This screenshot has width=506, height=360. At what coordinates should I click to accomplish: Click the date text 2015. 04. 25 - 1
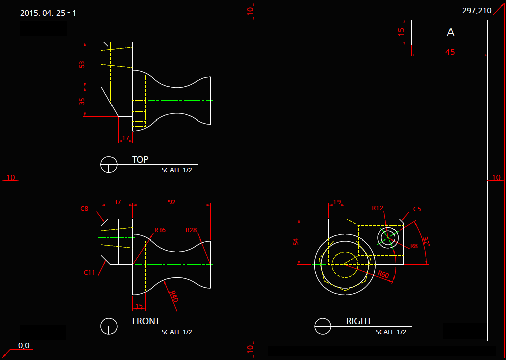(x=48, y=13)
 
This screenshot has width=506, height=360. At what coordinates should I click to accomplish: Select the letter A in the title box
(x=451, y=32)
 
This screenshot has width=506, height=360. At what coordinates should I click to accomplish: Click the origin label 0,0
(x=24, y=346)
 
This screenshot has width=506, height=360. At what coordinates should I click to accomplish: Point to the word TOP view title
(x=140, y=160)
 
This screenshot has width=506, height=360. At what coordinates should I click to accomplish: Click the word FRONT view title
(x=146, y=321)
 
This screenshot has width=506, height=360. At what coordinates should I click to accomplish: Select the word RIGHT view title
(x=359, y=321)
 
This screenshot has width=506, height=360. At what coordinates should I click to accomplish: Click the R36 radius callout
(x=160, y=230)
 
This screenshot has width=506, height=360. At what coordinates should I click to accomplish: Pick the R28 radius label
(x=191, y=230)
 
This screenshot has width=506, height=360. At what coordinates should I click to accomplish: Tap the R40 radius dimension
(x=174, y=296)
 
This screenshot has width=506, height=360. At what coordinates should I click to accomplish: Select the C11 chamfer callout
(x=89, y=273)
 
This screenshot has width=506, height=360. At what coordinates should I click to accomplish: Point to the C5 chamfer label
(x=417, y=209)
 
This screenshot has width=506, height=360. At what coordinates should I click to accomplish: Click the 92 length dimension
(x=172, y=202)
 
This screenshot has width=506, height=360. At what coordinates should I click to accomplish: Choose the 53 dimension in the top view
(x=82, y=64)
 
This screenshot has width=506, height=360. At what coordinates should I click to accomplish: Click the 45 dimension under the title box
(x=450, y=52)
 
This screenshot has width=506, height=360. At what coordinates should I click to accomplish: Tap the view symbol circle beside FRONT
(x=109, y=326)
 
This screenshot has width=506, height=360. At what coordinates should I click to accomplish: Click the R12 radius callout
(x=378, y=208)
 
